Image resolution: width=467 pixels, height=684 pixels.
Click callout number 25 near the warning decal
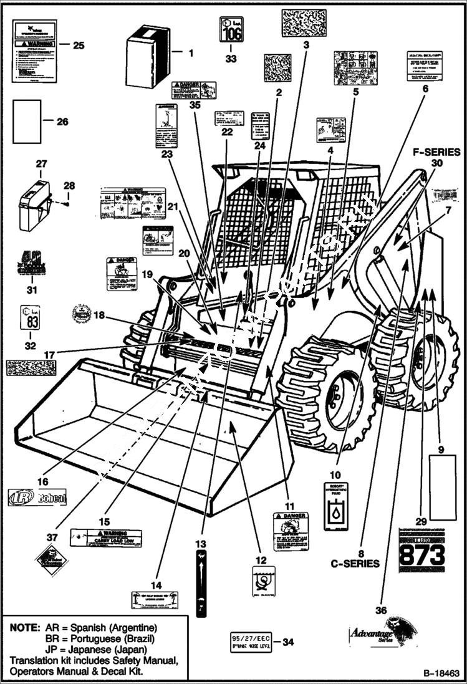pyautogui.click(x=79, y=45)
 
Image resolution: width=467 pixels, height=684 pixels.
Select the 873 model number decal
pyautogui.click(x=421, y=552)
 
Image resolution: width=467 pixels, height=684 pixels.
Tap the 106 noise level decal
pyautogui.click(x=231, y=29)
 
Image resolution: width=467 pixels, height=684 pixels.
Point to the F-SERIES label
pyautogui.click(x=436, y=152)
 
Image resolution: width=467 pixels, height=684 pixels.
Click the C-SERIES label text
pyautogui.click(x=355, y=564)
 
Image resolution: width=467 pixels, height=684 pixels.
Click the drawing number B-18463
pyautogui.click(x=441, y=674)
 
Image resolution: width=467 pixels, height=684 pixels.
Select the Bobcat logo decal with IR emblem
pyautogui.click(x=37, y=497)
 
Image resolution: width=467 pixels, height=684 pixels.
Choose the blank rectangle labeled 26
pyautogui.click(x=27, y=122)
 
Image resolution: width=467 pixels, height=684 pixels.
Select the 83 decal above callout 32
pyautogui.click(x=30, y=317)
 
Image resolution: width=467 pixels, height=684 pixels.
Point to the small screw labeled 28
pyautogui.click(x=66, y=204)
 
